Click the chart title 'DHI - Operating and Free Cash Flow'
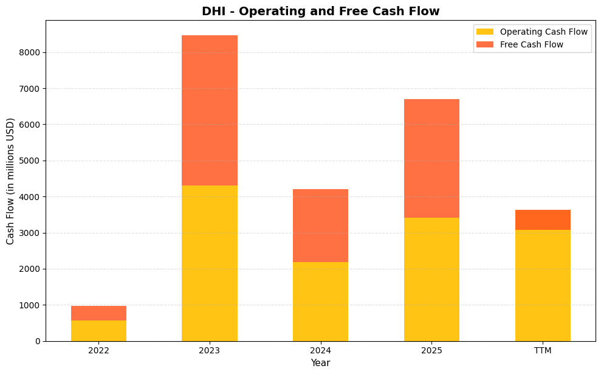pyautogui.click(x=320, y=11)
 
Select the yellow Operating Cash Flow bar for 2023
pyautogui.click(x=210, y=263)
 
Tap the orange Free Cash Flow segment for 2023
pyautogui.click(x=210, y=110)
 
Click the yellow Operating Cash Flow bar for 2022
pyautogui.click(x=98, y=330)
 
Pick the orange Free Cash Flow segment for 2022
pyautogui.click(x=98, y=313)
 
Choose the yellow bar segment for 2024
pyautogui.click(x=320, y=301)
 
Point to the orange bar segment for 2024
pyautogui.click(x=320, y=226)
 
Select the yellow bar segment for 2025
pyautogui.click(x=431, y=279)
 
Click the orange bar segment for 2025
pyautogui.click(x=431, y=158)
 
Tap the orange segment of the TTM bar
pyautogui.click(x=543, y=220)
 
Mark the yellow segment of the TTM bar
pyautogui.click(x=543, y=285)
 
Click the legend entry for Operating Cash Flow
pyautogui.click(x=543, y=32)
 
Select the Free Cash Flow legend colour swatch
pyautogui.click(x=485, y=44)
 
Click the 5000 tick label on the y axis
pyautogui.click(x=30, y=161)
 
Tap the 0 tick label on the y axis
pyautogui.click(x=38, y=341)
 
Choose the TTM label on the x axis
pyautogui.click(x=543, y=351)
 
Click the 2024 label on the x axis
pyautogui.click(x=320, y=351)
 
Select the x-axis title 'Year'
pyautogui.click(x=320, y=363)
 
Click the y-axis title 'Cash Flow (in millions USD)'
pyautogui.click(x=10, y=181)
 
